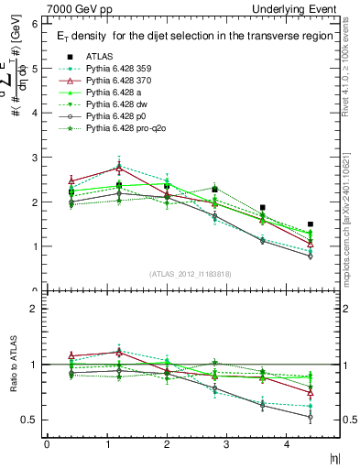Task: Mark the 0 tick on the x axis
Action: coord(47,444)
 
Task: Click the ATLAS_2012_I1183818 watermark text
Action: coord(191,273)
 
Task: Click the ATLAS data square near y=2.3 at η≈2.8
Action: coord(214,190)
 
